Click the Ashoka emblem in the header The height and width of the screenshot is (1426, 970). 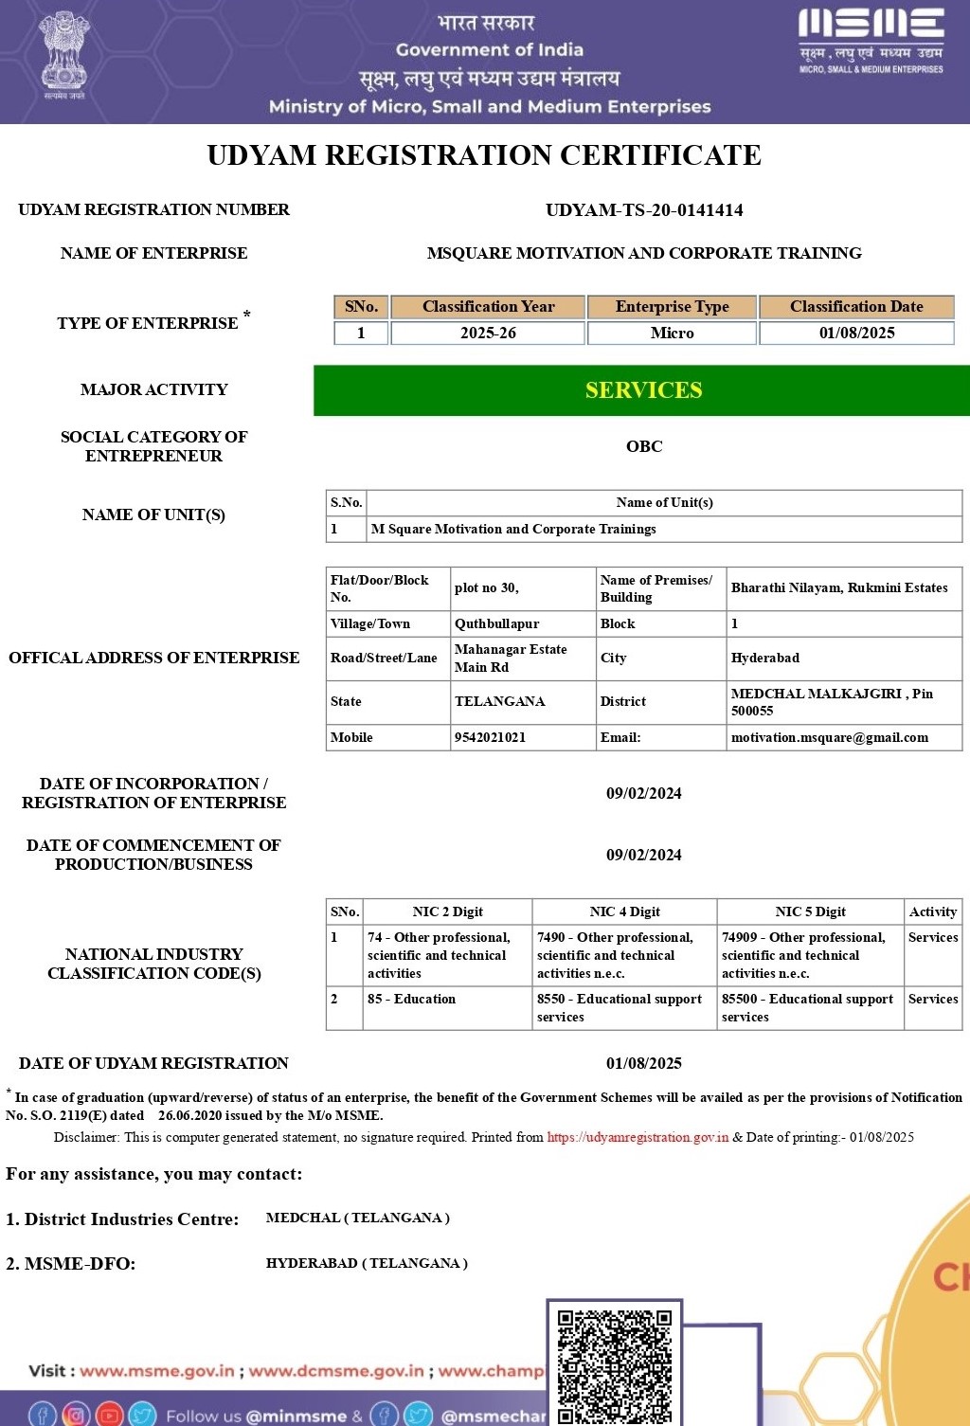[x=63, y=52]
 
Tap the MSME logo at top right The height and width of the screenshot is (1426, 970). [x=871, y=40]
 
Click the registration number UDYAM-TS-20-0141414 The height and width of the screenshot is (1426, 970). [x=644, y=210]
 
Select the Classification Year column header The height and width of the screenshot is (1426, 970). [x=488, y=307]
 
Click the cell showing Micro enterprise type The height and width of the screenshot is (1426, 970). [x=672, y=334]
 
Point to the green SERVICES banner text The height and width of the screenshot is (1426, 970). [x=643, y=390]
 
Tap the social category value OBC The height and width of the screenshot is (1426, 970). [x=644, y=446]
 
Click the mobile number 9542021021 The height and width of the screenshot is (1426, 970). [x=490, y=737]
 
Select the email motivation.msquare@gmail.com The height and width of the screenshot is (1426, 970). [x=829, y=737]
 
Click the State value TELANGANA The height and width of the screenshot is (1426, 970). [x=499, y=701]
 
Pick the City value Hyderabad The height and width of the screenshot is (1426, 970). [x=764, y=658]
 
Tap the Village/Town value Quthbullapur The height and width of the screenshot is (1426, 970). [x=496, y=623]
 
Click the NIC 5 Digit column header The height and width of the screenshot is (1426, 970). [x=810, y=912]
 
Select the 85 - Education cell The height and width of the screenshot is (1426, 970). [x=411, y=999]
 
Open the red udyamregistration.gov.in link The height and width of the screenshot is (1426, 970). [x=638, y=1137]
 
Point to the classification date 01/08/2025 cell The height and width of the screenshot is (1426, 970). [x=856, y=334]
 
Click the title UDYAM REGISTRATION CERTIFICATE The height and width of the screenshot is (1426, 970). [x=484, y=155]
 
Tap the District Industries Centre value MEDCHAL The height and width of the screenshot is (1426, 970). [x=357, y=1218]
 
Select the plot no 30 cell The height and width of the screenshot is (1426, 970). [x=486, y=588]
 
